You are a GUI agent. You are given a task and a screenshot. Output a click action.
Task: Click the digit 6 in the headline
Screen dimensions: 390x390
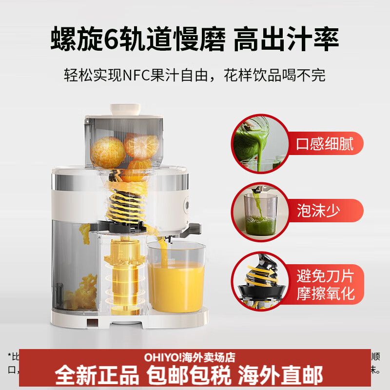point(113,39)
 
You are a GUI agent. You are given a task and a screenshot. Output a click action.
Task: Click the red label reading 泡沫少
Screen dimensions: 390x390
point(318,211)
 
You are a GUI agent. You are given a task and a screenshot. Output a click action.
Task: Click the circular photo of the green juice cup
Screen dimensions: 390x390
point(258,211)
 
